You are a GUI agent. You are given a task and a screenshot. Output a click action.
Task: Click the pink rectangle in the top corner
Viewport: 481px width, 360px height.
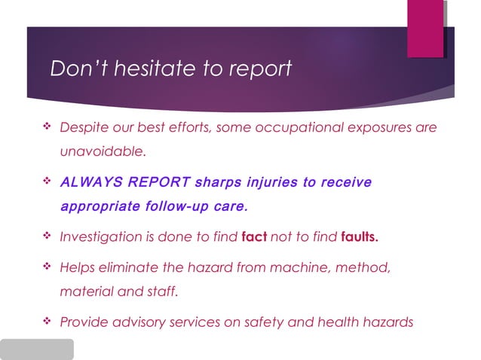[x=425, y=29]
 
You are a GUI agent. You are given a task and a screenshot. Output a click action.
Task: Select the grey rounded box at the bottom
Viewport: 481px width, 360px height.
[x=37, y=349]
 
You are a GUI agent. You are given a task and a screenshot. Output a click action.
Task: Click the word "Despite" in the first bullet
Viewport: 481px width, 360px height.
[x=85, y=128]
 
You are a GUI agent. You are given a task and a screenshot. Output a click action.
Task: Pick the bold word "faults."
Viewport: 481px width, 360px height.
[x=360, y=237]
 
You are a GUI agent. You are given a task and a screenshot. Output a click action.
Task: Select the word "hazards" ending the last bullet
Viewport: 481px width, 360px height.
[x=388, y=323]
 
